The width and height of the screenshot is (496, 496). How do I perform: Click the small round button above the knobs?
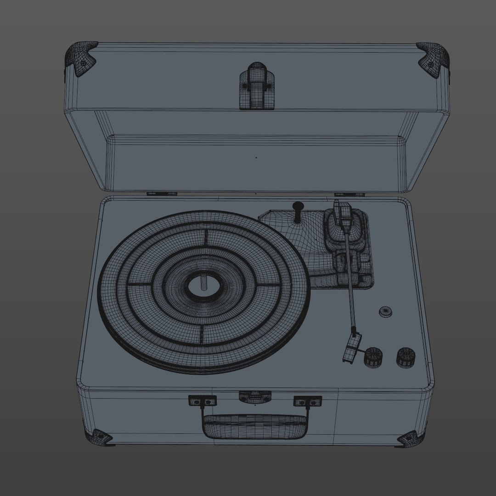point(386,312)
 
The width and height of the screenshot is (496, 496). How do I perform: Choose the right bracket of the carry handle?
point(307,401)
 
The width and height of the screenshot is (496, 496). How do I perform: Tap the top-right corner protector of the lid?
point(433,58)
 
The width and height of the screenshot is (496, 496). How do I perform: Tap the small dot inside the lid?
point(256,158)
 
